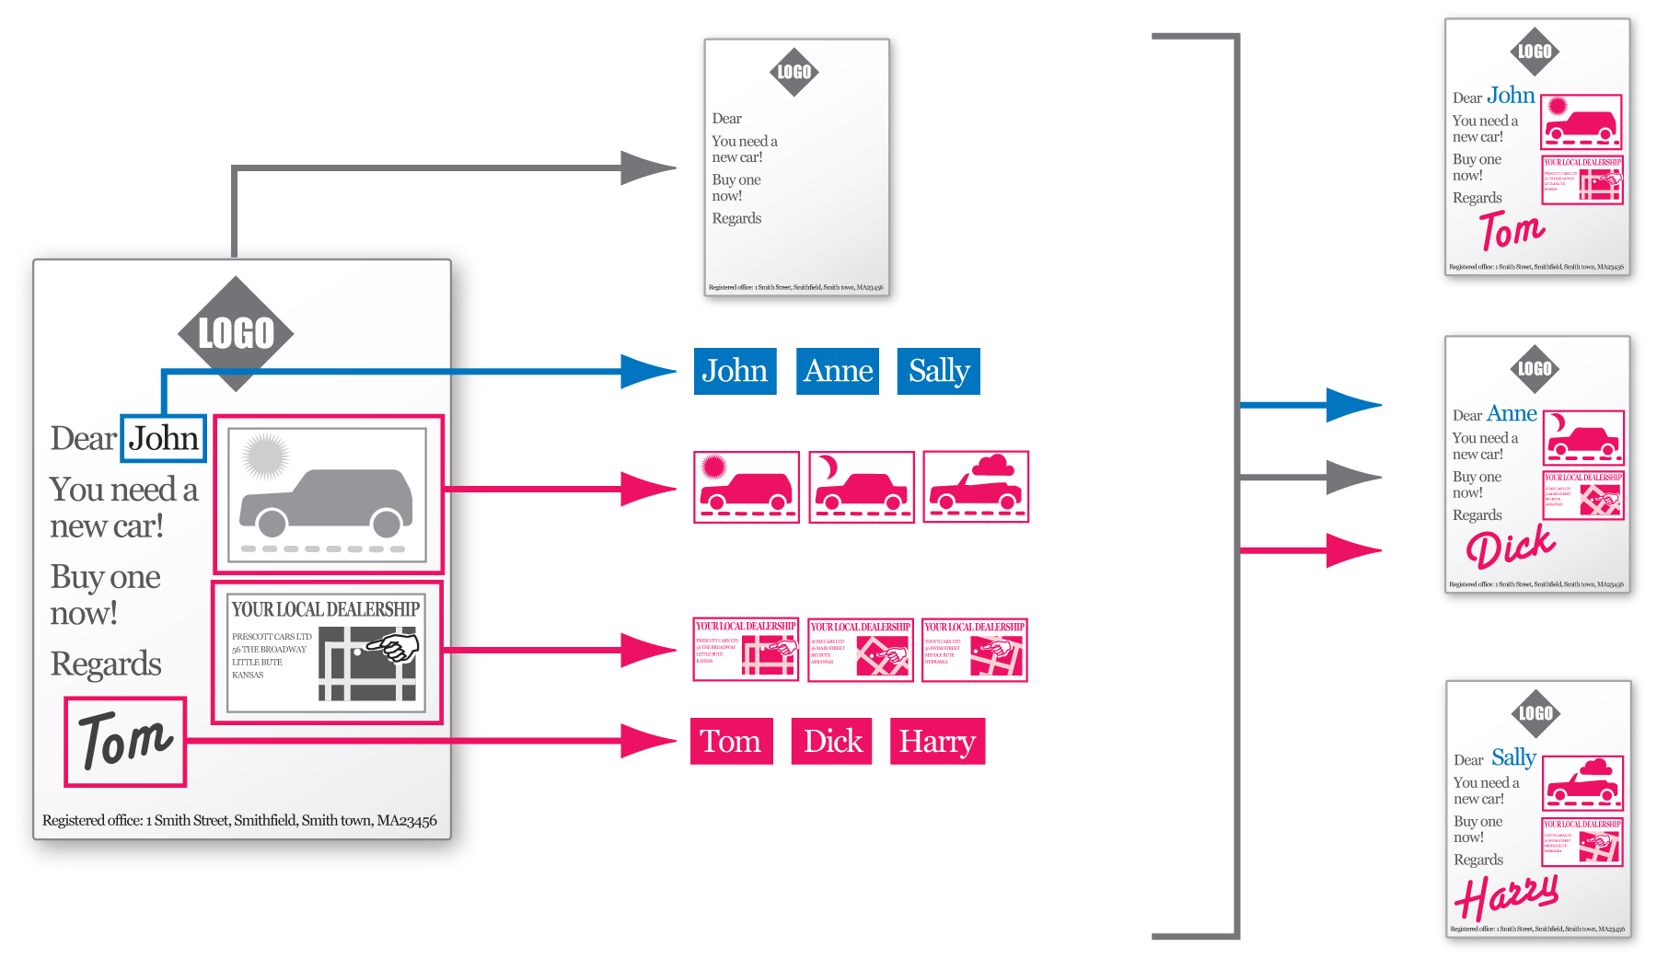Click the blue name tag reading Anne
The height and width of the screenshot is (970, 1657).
pyautogui.click(x=837, y=371)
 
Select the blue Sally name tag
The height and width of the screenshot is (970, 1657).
pyautogui.click(x=938, y=371)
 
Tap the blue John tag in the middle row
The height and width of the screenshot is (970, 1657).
pyautogui.click(x=735, y=371)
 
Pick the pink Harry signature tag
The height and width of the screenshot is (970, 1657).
pyautogui.click(x=936, y=741)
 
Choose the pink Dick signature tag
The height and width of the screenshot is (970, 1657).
pyautogui.click(x=832, y=741)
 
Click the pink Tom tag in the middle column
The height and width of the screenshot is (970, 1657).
pyautogui.click(x=731, y=741)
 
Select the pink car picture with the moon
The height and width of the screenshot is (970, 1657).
pyautogui.click(x=861, y=487)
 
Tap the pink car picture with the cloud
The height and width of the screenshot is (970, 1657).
pyautogui.click(x=976, y=487)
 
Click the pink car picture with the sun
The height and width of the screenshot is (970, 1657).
pyautogui.click(x=746, y=487)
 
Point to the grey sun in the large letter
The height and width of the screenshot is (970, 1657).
pyautogui.click(x=265, y=456)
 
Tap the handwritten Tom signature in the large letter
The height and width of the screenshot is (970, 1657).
pyautogui.click(x=125, y=741)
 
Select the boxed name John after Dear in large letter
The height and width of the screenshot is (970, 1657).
pyautogui.click(x=163, y=438)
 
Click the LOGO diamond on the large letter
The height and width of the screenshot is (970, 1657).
pyautogui.click(x=236, y=333)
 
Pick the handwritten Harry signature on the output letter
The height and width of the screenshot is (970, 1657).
pyautogui.click(x=1506, y=895)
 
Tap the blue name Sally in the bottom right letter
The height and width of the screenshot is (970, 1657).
pyautogui.click(x=1513, y=757)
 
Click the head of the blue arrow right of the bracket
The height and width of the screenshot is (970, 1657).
pyautogui.click(x=1353, y=404)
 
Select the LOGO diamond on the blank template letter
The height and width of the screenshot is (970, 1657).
pyautogui.click(x=794, y=72)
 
